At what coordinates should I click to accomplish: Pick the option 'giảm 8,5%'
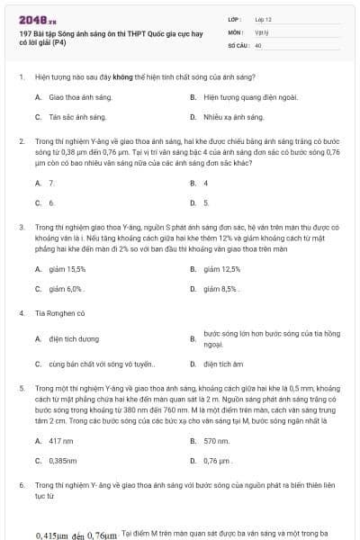tap(222, 289)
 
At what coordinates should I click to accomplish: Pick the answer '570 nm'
tap(217, 441)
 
